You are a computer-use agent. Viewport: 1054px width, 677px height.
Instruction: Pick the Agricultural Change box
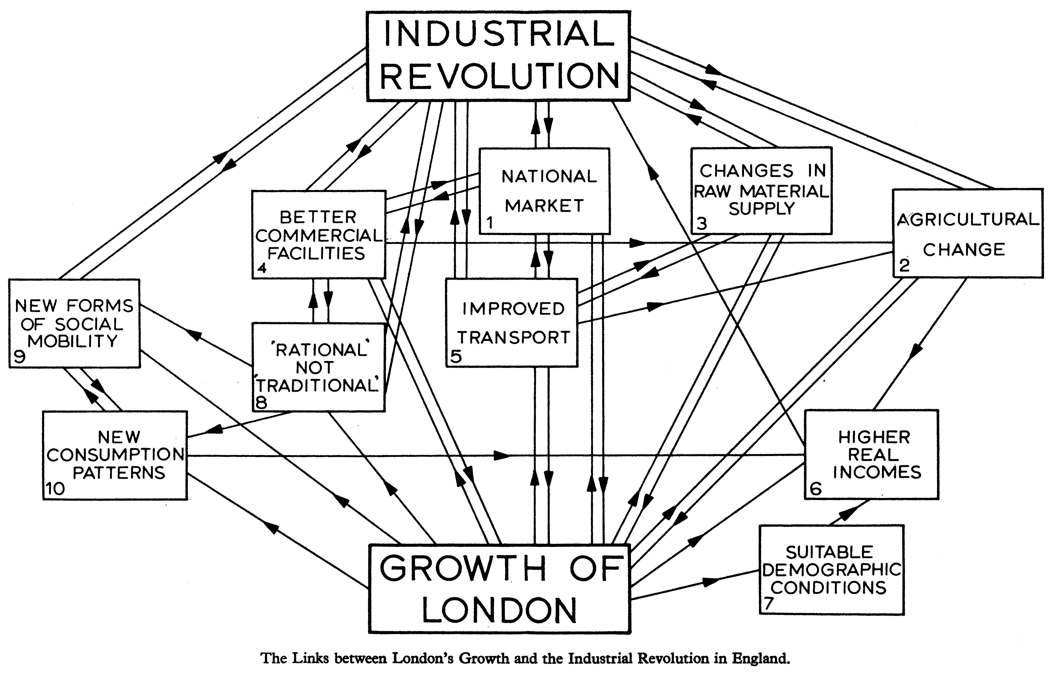click(x=967, y=233)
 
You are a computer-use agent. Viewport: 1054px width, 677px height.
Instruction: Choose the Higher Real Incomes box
click(x=872, y=454)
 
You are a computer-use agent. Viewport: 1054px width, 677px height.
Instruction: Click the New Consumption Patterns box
click(x=115, y=455)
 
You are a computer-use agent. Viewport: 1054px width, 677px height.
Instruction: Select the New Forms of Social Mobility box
click(x=74, y=323)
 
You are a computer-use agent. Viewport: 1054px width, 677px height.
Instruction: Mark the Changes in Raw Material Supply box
click(x=761, y=190)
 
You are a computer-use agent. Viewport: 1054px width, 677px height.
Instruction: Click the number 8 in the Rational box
click(x=261, y=402)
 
